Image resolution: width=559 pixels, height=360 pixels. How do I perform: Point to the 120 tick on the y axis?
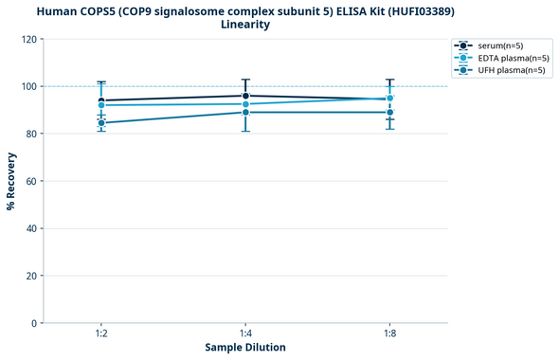[x=29, y=39]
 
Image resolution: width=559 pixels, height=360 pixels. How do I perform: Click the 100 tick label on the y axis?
[x=29, y=86]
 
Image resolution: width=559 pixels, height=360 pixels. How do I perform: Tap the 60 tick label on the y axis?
[x=32, y=181]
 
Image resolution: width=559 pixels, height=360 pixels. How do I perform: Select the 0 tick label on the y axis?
[x=35, y=323]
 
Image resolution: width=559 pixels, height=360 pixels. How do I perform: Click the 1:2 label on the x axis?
[x=101, y=334]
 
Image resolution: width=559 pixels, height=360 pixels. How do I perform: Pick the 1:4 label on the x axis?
[x=245, y=334]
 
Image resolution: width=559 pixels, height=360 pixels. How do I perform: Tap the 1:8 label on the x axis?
[x=389, y=334]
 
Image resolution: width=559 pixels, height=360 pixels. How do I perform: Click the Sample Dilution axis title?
[x=245, y=348]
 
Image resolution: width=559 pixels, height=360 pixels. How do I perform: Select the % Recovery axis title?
[x=11, y=181]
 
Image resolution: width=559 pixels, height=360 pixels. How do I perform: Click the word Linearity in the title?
[x=244, y=25]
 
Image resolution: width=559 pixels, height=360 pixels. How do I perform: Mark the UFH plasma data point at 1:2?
[x=101, y=123]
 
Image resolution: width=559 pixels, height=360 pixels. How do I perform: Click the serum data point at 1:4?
[x=245, y=96]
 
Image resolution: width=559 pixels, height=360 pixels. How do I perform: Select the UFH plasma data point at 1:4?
[x=245, y=113]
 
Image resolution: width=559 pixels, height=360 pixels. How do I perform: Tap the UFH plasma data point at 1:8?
[x=389, y=113]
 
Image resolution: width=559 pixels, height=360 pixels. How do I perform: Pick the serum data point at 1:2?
[x=101, y=100]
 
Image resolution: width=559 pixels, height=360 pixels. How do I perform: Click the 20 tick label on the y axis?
[x=32, y=276]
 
